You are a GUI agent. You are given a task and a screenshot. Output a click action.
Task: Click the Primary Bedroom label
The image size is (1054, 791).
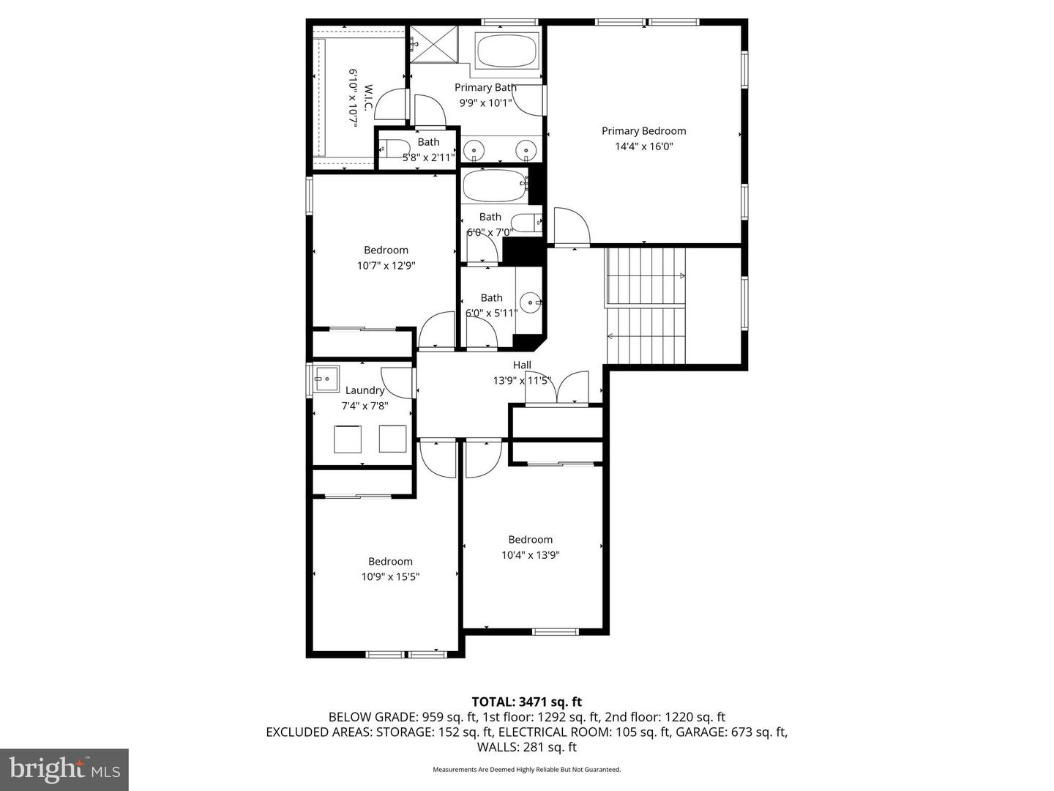(643, 131)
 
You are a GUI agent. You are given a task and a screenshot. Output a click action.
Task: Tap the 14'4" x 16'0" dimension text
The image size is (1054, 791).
(643, 146)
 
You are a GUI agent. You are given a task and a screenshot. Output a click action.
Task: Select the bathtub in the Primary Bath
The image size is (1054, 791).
(507, 51)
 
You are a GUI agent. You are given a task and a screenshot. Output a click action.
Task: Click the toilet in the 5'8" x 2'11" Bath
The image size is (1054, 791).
(396, 149)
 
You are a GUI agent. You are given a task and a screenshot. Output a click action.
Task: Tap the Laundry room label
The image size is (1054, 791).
(365, 390)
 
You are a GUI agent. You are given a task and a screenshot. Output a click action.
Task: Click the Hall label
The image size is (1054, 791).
(522, 365)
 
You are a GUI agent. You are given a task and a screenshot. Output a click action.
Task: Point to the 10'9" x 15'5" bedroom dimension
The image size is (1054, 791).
(390, 577)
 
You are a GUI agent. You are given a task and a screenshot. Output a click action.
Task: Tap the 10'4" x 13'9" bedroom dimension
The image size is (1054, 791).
(530, 555)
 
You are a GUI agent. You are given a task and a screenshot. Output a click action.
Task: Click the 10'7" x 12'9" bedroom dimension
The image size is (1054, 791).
(386, 266)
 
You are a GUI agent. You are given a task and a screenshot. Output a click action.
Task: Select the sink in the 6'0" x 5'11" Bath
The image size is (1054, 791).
(531, 301)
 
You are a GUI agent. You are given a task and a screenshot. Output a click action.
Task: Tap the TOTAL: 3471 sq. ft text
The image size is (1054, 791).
(526, 702)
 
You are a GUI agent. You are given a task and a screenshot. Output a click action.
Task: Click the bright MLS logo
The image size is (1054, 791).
(64, 769)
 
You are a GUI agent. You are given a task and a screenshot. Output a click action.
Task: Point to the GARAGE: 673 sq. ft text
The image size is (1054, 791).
(731, 732)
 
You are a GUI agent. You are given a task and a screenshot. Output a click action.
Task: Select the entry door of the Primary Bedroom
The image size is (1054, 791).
(572, 228)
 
